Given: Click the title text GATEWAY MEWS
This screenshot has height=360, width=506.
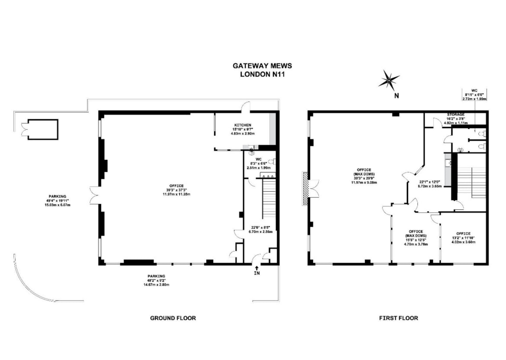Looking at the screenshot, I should (263, 66).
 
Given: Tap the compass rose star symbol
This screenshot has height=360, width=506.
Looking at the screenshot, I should (389, 80).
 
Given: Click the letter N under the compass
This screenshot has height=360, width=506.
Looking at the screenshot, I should (396, 96).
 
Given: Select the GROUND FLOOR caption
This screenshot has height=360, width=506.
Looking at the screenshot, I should (173, 318).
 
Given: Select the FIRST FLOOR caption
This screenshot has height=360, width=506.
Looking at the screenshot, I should (399, 318).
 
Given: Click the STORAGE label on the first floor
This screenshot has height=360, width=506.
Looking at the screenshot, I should (456, 115).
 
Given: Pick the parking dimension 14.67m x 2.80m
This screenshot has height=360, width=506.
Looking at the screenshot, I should (157, 285).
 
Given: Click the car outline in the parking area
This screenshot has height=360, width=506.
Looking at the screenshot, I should (40, 129).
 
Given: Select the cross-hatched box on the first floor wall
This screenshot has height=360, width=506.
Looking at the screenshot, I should (305, 187).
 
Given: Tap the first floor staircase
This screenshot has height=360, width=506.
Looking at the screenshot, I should (471, 182).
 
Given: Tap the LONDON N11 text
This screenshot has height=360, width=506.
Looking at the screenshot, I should (263, 74).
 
